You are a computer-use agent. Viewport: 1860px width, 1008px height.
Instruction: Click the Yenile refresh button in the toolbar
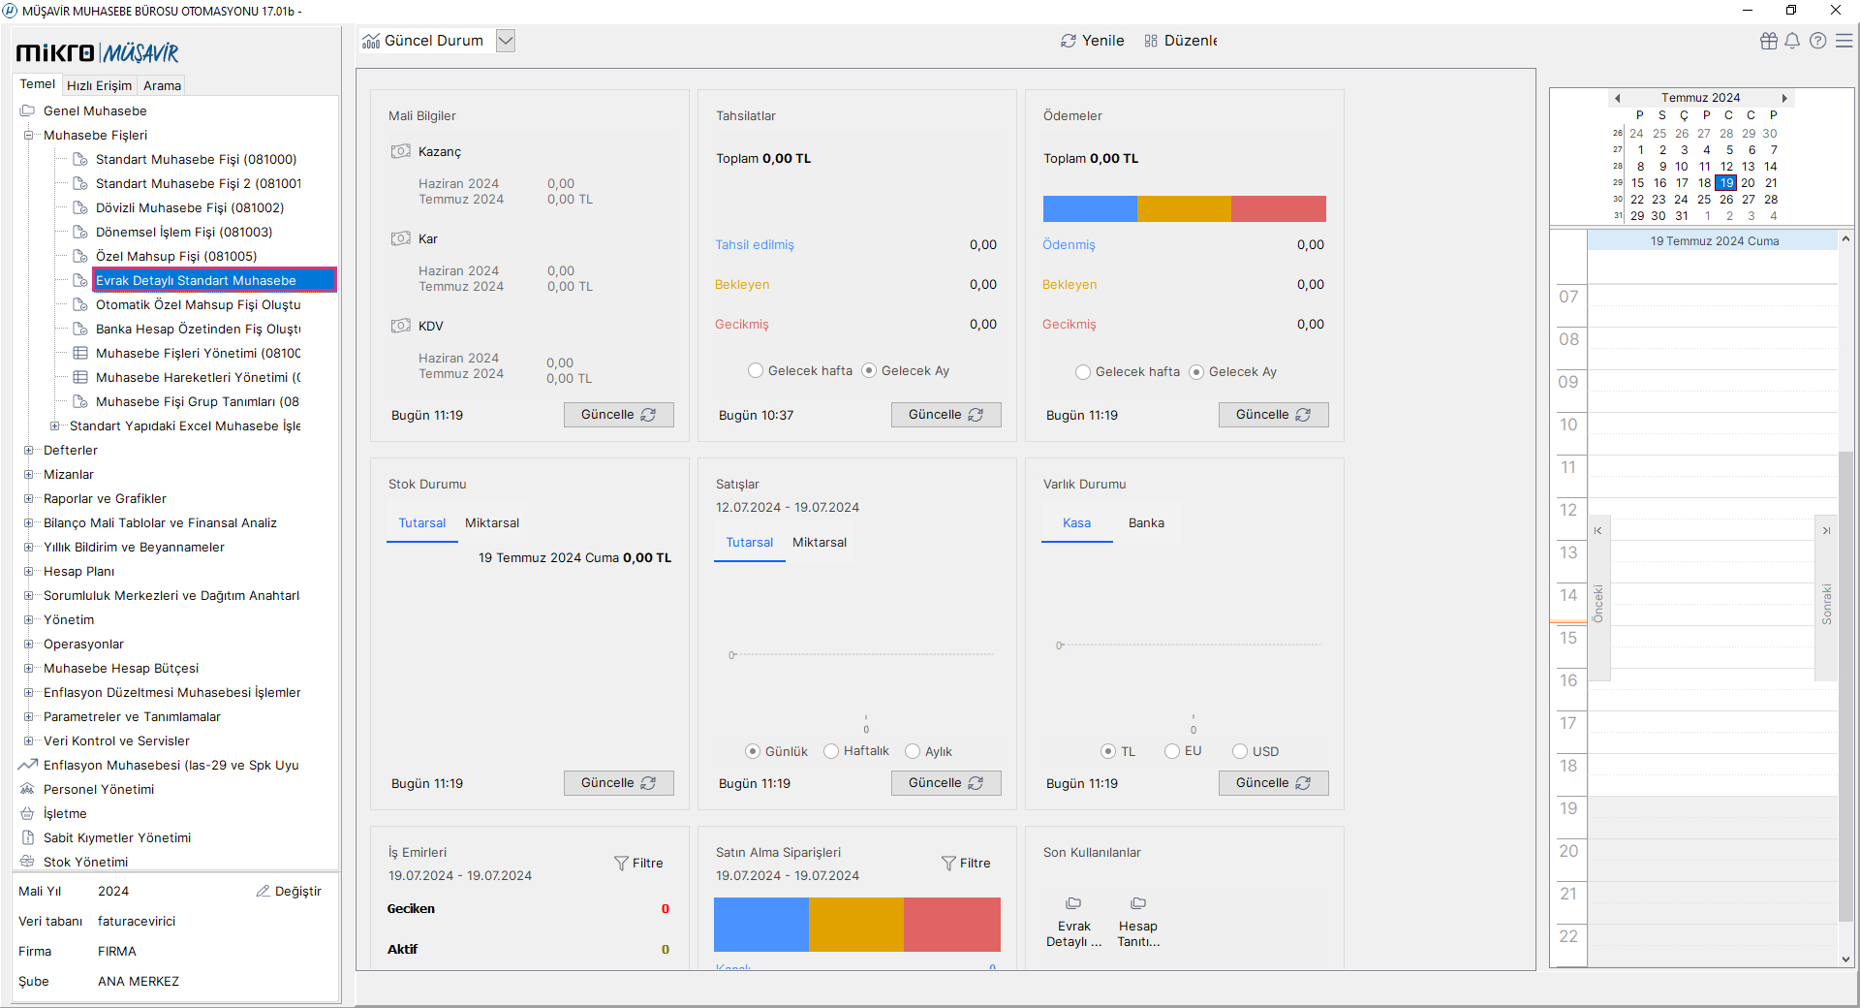point(1092,41)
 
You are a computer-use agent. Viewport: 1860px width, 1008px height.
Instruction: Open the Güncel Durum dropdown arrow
point(505,41)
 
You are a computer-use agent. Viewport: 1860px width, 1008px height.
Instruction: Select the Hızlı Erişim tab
point(99,85)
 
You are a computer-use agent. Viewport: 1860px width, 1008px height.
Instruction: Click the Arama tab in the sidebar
point(162,85)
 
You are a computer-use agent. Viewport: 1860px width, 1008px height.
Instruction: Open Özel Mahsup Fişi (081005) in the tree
point(176,256)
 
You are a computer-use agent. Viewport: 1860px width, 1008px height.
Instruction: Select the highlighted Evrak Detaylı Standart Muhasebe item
point(214,280)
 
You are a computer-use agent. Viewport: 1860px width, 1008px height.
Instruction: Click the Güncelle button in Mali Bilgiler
point(618,415)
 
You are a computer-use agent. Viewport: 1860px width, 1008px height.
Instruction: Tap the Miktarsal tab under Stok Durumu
point(492,523)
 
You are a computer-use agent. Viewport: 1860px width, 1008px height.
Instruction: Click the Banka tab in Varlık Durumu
point(1146,523)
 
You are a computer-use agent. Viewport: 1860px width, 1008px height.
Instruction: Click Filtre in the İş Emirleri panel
point(638,863)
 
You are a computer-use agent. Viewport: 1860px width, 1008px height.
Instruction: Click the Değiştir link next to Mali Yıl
point(289,892)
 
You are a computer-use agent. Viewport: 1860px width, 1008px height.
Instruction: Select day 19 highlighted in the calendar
point(1725,183)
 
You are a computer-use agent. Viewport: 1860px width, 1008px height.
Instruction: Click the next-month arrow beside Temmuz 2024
point(1784,98)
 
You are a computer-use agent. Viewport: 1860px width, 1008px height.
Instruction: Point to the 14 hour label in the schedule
point(1568,595)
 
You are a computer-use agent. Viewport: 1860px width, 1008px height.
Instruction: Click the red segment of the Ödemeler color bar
point(1279,208)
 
